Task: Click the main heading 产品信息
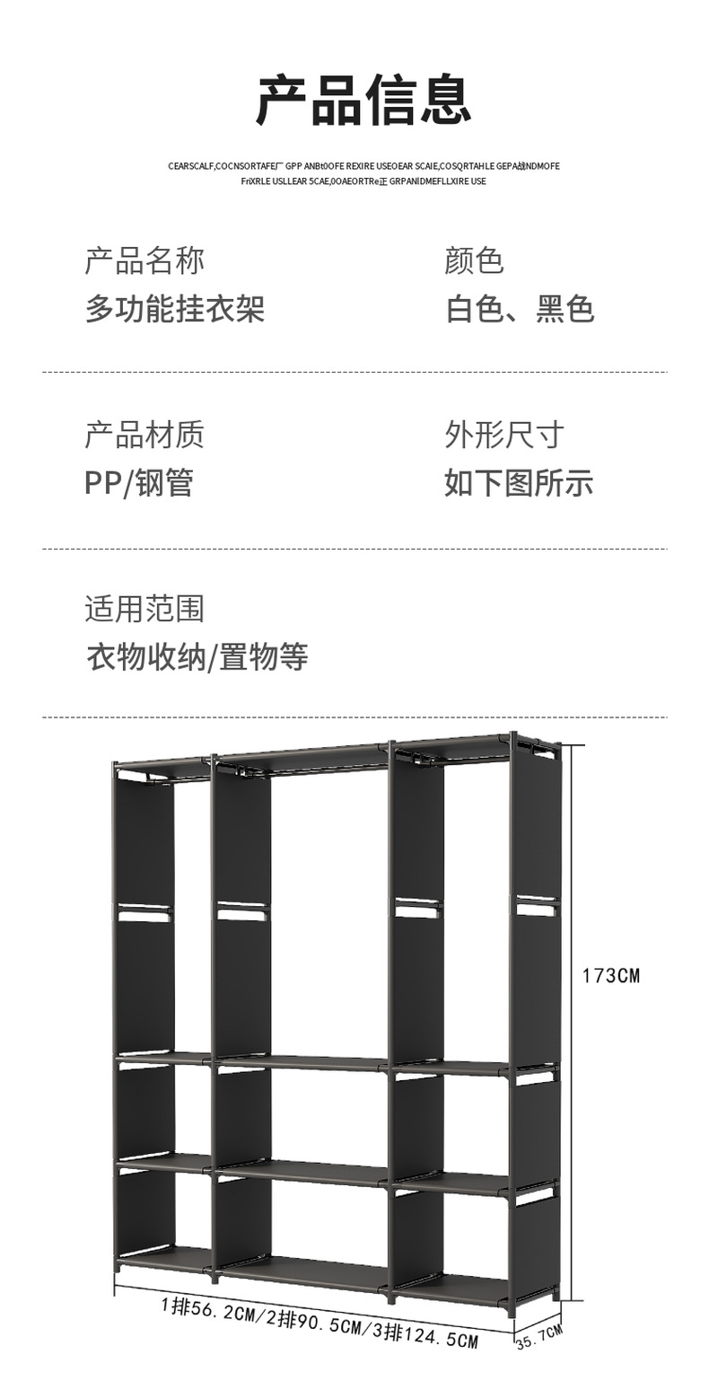363,101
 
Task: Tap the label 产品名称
144,261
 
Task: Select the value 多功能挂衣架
175,309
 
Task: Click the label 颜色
474,261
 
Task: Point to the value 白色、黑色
520,309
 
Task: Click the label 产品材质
144,435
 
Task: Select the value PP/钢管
139,482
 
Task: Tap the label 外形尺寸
504,435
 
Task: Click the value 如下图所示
519,482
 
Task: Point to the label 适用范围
144,609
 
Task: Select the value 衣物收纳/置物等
197,656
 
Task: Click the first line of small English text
363,166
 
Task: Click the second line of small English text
363,181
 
